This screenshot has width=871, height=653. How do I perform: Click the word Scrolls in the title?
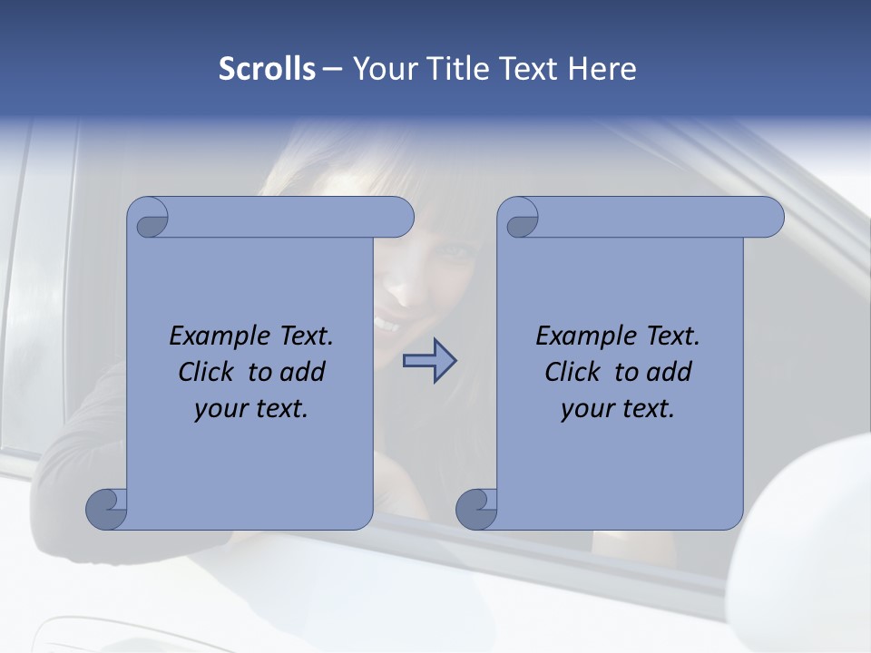(x=267, y=69)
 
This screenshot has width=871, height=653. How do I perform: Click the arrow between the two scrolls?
(x=429, y=361)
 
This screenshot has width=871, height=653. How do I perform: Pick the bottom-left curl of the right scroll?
(x=477, y=508)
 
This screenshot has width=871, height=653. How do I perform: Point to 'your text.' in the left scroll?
(x=251, y=409)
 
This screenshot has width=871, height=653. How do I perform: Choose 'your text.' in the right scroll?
(x=618, y=409)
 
